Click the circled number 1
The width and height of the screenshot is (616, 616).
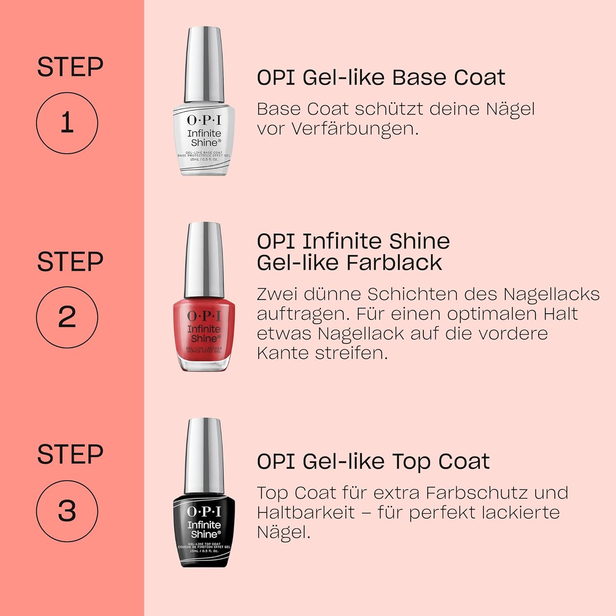click(67, 123)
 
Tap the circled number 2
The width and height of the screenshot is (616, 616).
click(67, 317)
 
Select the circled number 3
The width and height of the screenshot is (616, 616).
click(67, 511)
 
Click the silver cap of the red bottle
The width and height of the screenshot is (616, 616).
click(204, 261)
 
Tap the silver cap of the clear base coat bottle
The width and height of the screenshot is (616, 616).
click(204, 66)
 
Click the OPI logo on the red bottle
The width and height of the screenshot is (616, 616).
click(204, 315)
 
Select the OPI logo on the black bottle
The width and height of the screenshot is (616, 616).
click(204, 511)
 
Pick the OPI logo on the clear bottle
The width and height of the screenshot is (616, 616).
click(204, 120)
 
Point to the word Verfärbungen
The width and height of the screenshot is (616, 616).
click(355, 129)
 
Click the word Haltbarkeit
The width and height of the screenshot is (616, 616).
click(306, 512)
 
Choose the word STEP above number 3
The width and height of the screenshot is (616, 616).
click(70, 454)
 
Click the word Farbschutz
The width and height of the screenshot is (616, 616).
click(476, 492)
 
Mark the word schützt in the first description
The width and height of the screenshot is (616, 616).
click(389, 109)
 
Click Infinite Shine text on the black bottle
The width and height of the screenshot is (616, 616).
click(204, 529)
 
